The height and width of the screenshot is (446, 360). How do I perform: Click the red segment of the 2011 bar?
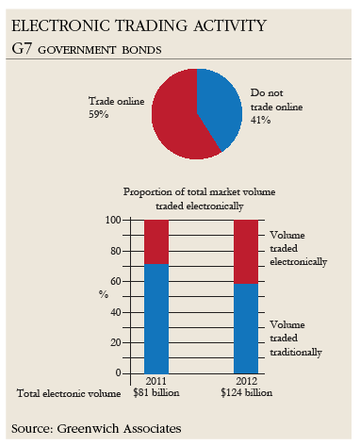pos(156,241)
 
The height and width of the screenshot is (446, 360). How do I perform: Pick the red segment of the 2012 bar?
pos(245,251)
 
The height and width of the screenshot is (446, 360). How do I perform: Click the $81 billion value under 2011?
pos(156,391)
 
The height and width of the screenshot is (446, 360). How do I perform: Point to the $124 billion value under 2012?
pos(245,391)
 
